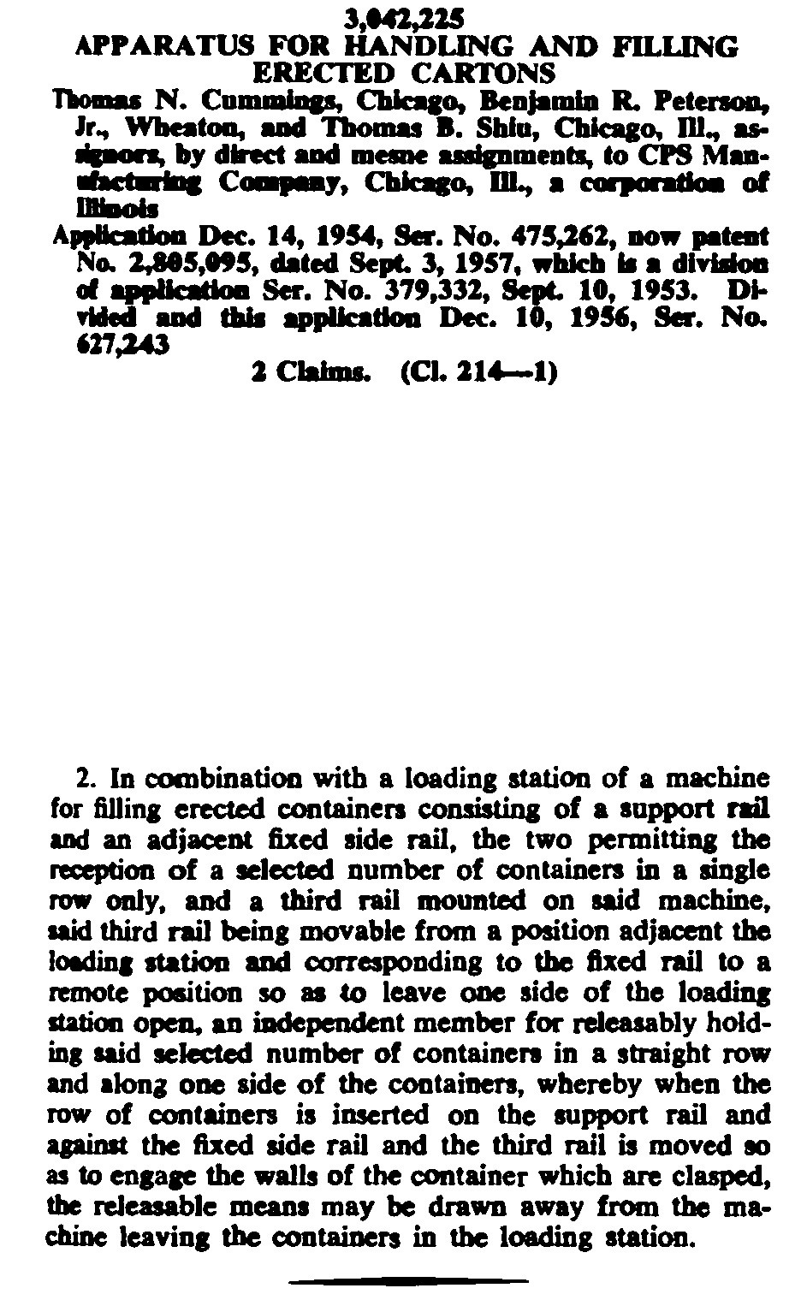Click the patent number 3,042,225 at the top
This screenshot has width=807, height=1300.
tap(405, 18)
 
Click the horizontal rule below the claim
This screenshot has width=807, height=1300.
tap(407, 1281)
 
